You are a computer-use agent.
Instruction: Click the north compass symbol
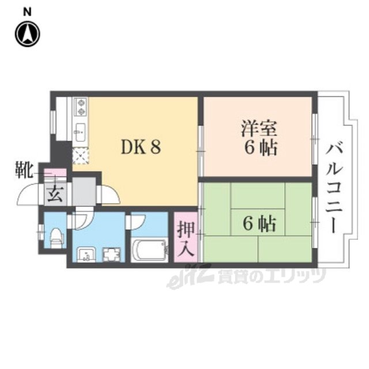[27, 34]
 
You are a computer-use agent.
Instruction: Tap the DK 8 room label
[140, 147]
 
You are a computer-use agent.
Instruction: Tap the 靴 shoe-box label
[23, 171]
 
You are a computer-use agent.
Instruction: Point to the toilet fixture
[56, 237]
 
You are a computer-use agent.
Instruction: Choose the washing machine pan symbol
[110, 253]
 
